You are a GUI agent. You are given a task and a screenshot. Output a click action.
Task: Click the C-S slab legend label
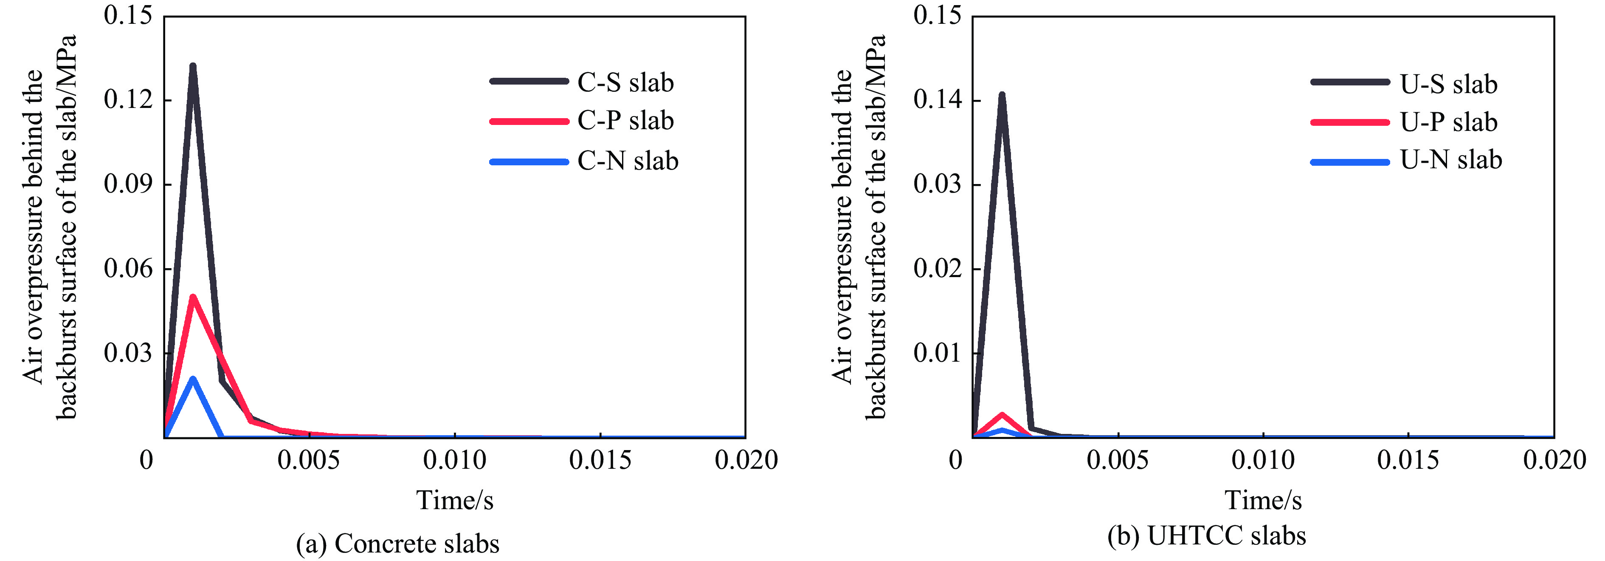click(625, 82)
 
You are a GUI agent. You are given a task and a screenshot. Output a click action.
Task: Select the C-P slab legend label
click(625, 120)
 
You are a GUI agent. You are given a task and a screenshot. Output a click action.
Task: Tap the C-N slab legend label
click(628, 161)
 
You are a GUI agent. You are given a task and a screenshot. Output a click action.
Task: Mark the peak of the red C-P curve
click(193, 297)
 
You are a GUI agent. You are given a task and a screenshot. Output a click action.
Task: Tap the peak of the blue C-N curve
click(193, 379)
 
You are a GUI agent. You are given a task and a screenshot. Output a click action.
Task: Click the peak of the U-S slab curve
click(1002, 95)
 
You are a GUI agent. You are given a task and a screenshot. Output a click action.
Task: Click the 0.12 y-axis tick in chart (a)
click(128, 100)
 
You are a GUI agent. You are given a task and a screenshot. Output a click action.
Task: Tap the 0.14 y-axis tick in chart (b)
click(937, 100)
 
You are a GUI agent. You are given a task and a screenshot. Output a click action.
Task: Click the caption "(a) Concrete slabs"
click(397, 544)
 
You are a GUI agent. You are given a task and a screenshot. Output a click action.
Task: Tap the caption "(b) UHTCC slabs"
click(1206, 535)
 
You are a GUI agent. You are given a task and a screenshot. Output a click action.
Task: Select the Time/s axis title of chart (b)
click(1263, 500)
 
